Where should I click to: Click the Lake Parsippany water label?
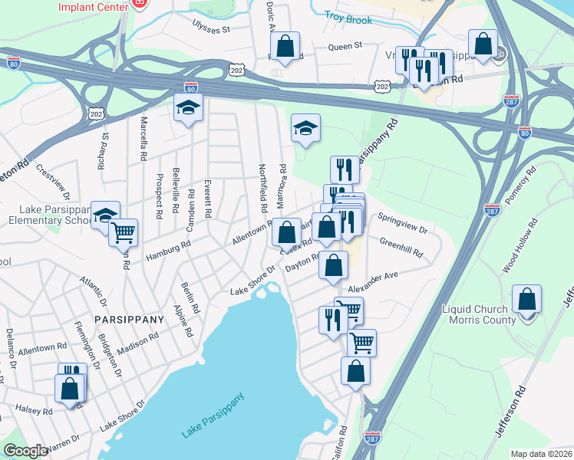click(213, 416)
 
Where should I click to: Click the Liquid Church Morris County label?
click(480, 314)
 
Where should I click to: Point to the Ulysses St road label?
click(211, 29)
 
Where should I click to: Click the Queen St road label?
click(345, 46)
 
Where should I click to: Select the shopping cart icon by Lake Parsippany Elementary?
click(124, 232)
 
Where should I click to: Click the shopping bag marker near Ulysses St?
click(285, 45)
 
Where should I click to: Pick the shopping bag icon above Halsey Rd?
click(69, 387)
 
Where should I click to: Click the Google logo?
click(25, 451)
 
